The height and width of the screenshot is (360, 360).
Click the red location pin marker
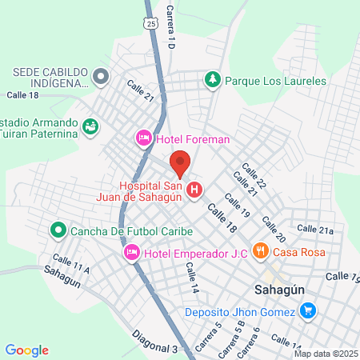180,163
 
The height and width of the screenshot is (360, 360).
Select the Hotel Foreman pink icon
144,139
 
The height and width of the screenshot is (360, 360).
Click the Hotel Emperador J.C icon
132,254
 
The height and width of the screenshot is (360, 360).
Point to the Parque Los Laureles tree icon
212,80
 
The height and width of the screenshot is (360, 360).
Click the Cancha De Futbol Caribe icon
58,232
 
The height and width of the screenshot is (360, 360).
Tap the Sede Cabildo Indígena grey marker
100,77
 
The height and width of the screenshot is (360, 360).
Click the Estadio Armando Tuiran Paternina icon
90,126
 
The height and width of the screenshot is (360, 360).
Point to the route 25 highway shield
150,25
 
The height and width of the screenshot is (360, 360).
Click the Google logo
27,350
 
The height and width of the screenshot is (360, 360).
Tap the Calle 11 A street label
71,262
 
